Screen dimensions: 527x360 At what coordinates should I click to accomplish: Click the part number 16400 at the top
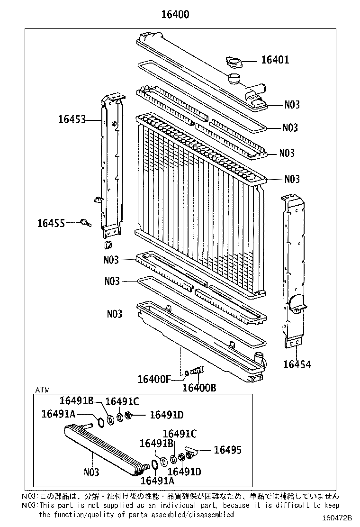[175, 15]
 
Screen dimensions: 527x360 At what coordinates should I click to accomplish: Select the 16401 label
[275, 60]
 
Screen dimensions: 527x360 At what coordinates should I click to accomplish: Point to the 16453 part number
[72, 119]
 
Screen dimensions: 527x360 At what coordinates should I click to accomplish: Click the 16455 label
[51, 222]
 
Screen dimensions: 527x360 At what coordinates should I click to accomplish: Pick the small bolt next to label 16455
[85, 222]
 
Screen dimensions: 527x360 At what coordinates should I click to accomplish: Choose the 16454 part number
[297, 364]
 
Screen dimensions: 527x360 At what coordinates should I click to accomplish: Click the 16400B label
[199, 388]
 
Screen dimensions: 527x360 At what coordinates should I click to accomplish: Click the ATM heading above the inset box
[42, 390]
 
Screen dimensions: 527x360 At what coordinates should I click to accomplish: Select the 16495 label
[227, 450]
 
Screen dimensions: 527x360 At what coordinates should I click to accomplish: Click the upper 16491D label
[166, 415]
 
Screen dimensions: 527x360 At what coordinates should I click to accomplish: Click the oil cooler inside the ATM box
[102, 448]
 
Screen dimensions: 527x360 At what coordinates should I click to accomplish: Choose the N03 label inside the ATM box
[91, 472]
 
